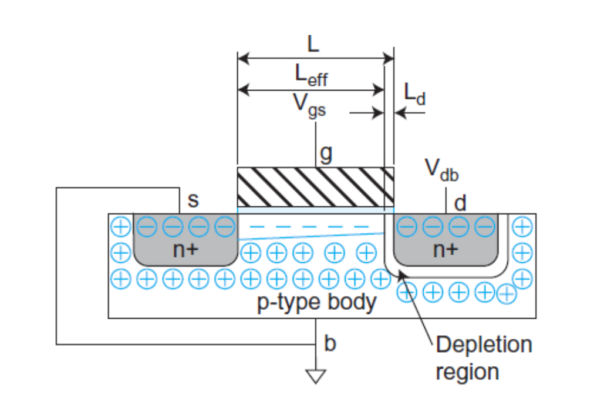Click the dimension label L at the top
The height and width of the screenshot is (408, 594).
[x=314, y=45]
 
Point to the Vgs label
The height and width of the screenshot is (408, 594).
[x=309, y=106]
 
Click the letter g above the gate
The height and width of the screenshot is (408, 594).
[x=325, y=154]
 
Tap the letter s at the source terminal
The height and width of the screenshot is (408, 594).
[x=193, y=199]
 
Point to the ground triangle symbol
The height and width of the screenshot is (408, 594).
[x=316, y=375]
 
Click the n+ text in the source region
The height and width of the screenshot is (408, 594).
[x=187, y=250]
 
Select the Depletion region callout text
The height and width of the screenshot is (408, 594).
[x=483, y=357]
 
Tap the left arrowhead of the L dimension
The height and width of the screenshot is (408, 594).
[x=242, y=58]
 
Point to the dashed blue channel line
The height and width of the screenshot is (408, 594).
[x=308, y=226]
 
